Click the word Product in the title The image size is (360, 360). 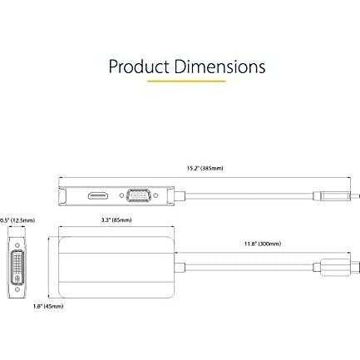click(x=139, y=67)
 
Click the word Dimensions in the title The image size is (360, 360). click(x=219, y=67)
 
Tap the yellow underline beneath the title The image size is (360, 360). click(x=186, y=81)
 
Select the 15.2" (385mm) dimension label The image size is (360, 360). click(x=205, y=168)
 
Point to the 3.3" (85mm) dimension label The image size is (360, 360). click(x=116, y=220)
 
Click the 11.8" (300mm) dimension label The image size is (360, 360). click(x=263, y=244)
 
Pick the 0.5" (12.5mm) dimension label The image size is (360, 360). click(x=17, y=220)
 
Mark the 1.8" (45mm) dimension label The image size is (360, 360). click(x=48, y=306)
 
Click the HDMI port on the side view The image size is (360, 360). click(x=98, y=195)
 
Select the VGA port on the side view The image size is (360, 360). click(x=139, y=195)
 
